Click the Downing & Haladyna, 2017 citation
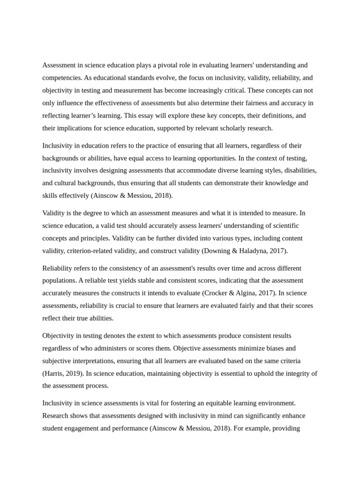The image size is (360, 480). (245, 251)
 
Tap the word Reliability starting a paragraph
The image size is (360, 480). (59, 268)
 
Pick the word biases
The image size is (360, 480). (275, 348)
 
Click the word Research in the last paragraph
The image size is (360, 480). (56, 416)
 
